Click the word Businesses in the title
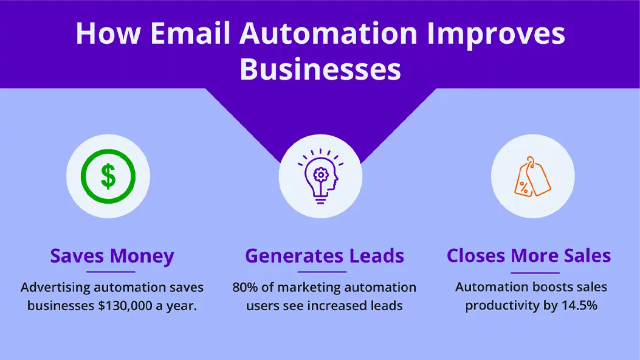coord(320,69)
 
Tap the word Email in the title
coord(191,33)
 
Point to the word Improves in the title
coord(497,34)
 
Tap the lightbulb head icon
coord(321,176)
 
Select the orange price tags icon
coord(532,176)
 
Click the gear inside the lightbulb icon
coord(321,175)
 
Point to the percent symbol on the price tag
coord(524,188)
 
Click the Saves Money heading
coord(112,256)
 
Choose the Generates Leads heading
coord(325,256)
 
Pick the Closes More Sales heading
coord(529,256)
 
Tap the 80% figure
coord(245,288)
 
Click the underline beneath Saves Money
coord(111,271)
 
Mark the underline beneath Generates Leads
coord(322,271)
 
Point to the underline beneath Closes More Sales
coord(535,272)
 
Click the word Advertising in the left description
coord(55,288)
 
